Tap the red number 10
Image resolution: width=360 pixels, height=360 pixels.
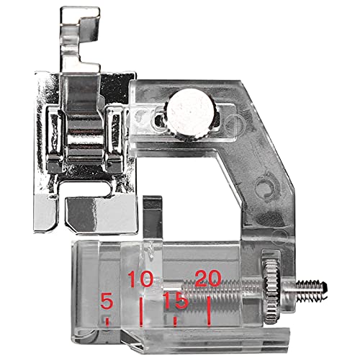[140, 279]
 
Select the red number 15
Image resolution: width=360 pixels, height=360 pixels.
[175, 301]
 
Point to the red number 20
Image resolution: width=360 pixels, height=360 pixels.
[208, 279]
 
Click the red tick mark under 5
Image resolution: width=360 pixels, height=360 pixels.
[107, 323]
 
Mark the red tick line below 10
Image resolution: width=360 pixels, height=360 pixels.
[141, 312]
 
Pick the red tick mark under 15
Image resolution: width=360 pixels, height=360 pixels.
[175, 322]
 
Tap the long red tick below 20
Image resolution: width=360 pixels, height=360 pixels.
[209, 312]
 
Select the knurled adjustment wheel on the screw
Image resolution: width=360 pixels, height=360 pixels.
[271, 289]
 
